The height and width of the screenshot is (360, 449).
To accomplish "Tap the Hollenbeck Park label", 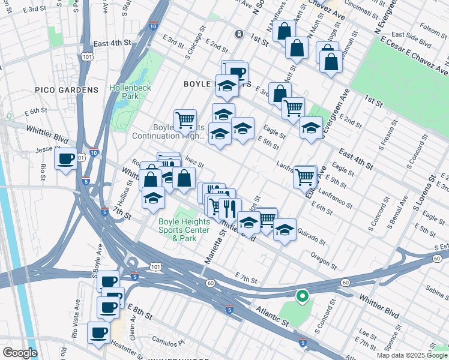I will click(x=130, y=92).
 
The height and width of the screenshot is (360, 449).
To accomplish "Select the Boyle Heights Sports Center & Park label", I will click(x=184, y=229).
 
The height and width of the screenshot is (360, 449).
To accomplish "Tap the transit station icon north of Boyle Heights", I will click(x=239, y=34).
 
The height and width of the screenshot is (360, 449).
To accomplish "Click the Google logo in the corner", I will click(x=20, y=353).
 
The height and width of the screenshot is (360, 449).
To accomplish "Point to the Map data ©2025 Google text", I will click(x=411, y=355).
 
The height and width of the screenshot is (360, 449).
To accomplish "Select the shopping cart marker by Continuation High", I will click(x=185, y=119).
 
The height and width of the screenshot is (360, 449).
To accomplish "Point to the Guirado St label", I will click(x=310, y=238).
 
